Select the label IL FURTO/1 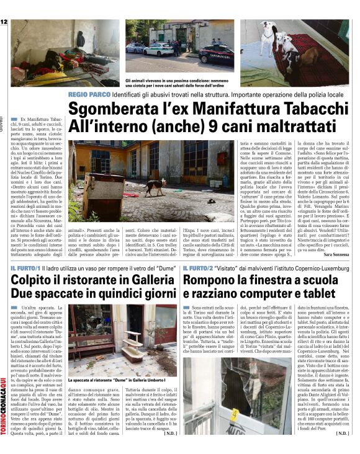coord(25,268)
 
